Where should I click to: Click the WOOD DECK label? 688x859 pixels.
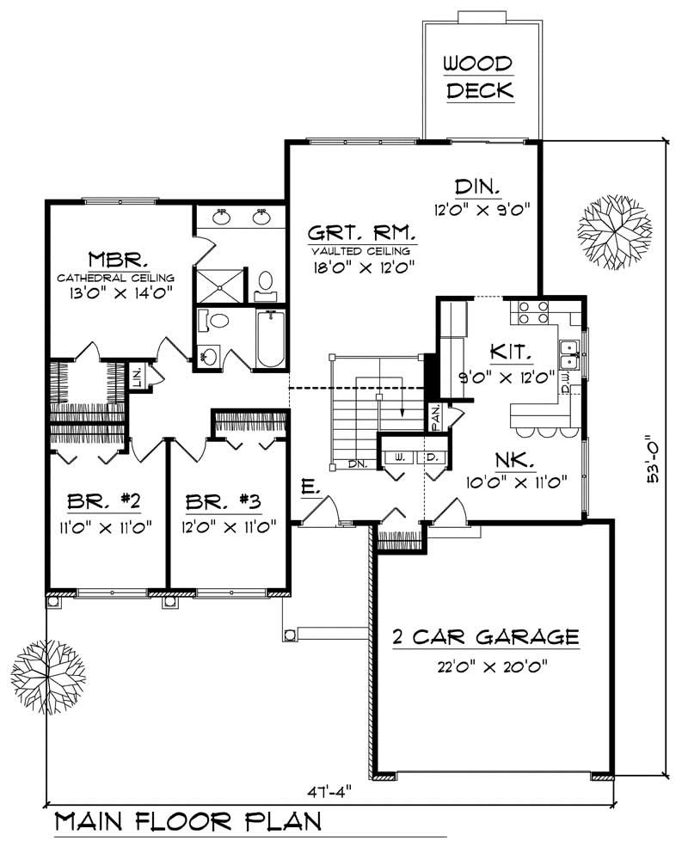tap(479, 77)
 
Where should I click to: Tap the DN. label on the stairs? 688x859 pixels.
tap(359, 464)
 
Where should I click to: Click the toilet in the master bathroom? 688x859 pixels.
tap(266, 281)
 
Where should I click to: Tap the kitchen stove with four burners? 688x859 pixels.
tap(527, 311)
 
